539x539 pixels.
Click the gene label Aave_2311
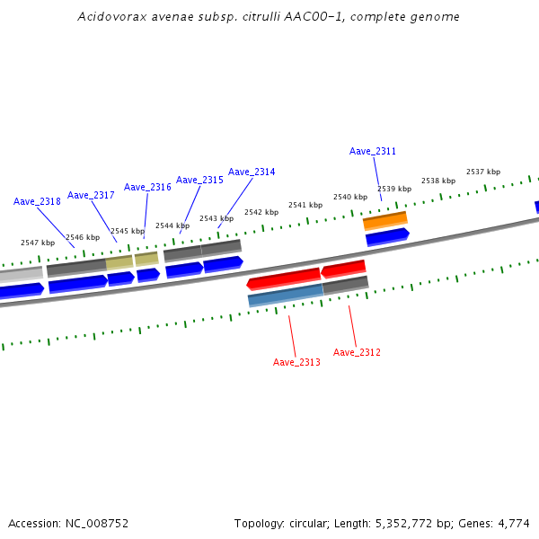click(373, 151)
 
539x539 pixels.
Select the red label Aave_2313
click(296, 362)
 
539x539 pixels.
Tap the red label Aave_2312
click(357, 352)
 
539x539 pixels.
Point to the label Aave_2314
click(252, 172)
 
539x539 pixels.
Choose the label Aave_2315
click(199, 180)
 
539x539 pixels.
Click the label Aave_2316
click(147, 187)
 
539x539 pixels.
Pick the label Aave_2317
click(91, 195)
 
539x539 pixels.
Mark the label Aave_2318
click(37, 201)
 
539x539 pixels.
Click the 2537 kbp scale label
click(483, 172)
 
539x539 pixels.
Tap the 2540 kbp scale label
click(350, 197)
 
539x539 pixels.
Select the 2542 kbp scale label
click(261, 212)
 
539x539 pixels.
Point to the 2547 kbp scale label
click(38, 243)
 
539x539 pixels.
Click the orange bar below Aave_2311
click(385, 220)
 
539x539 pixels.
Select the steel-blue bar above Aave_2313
click(285, 294)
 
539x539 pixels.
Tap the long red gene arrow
click(284, 278)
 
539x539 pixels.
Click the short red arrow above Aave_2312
click(343, 268)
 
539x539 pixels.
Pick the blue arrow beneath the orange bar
click(387, 236)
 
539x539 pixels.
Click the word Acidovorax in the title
click(107, 16)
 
